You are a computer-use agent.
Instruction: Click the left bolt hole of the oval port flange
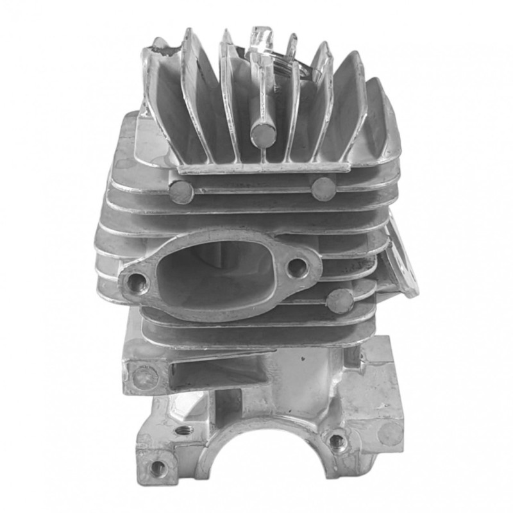pyautogui.click(x=137, y=281)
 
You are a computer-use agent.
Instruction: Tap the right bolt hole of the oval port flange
pyautogui.click(x=296, y=267)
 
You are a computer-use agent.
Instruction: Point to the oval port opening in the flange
pyautogui.click(x=212, y=273)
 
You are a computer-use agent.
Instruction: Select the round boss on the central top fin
pyautogui.click(x=263, y=135)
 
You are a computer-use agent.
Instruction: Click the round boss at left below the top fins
pyautogui.click(x=182, y=191)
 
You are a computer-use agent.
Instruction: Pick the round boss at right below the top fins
pyautogui.click(x=323, y=189)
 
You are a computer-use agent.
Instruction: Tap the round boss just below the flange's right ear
pyautogui.click(x=339, y=301)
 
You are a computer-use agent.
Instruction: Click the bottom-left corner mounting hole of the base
pyautogui.click(x=156, y=468)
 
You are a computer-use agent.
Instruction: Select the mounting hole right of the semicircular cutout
pyautogui.click(x=335, y=441)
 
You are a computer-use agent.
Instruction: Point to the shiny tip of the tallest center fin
pyautogui.click(x=262, y=38)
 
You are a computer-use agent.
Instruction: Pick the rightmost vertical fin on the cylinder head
pyautogui.click(x=385, y=122)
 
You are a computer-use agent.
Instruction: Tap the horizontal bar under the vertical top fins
pyautogui.click(x=263, y=168)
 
